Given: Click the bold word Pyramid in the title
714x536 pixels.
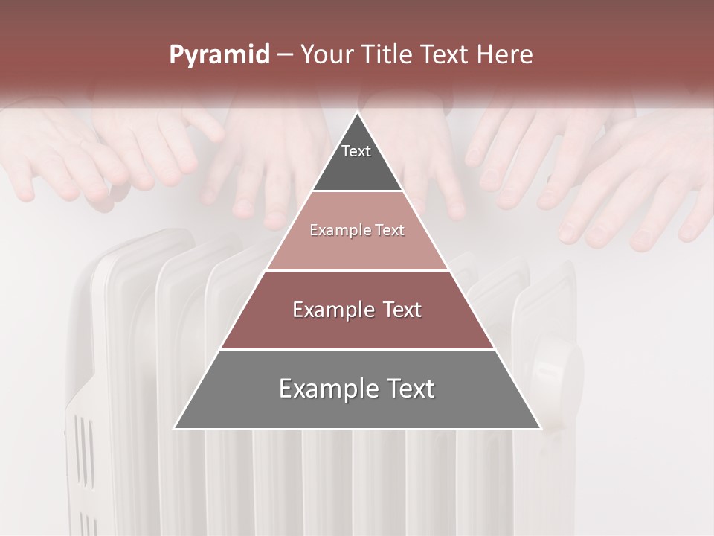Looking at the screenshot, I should [219, 55].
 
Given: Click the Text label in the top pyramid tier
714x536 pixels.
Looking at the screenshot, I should [356, 151].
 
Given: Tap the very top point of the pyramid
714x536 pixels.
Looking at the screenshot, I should [358, 113].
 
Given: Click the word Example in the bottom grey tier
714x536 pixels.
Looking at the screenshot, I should [325, 389].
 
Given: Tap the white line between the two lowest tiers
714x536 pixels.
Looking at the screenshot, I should [358, 349].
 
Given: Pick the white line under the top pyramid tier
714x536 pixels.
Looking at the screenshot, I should [358, 191].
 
